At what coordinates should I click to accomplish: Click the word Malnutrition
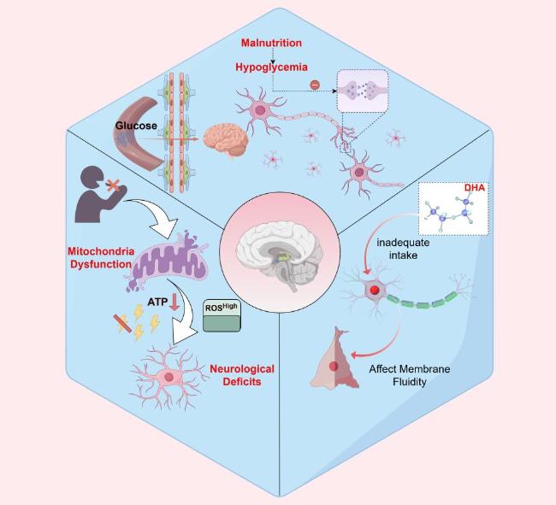click(271, 43)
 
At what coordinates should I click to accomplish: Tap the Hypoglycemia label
click(272, 67)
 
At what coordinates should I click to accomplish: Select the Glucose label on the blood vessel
click(136, 126)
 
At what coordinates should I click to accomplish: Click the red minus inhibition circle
click(315, 85)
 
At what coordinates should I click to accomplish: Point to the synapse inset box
click(363, 91)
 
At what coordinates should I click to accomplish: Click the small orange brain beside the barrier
click(226, 140)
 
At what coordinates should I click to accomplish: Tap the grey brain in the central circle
click(280, 254)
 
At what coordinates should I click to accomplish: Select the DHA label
click(475, 187)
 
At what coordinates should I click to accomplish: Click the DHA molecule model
click(450, 212)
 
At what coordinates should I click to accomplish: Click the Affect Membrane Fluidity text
click(410, 375)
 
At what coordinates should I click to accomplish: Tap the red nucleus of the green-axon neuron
click(375, 290)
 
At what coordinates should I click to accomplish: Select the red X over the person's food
click(114, 185)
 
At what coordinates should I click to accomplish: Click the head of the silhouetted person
click(92, 178)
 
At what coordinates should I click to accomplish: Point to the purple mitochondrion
click(168, 261)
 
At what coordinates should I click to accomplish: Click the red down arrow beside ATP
click(174, 302)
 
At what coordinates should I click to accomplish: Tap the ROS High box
click(222, 316)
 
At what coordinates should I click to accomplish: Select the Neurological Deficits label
click(242, 375)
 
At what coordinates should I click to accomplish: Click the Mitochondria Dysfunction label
click(101, 258)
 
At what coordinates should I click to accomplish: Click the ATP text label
click(157, 302)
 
